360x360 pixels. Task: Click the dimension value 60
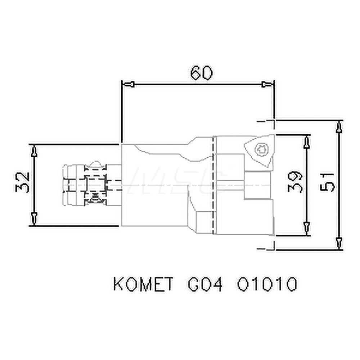click(201, 73)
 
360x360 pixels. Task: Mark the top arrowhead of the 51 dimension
click(338, 127)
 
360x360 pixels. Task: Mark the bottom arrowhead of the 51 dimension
click(338, 242)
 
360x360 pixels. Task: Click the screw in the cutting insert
click(260, 149)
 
